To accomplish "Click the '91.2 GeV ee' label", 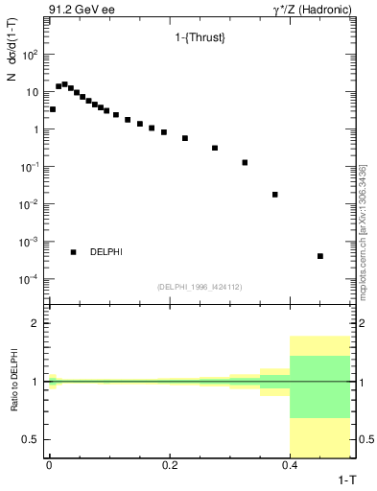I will (75, 9).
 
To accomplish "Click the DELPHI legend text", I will (106, 252).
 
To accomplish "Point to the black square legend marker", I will (73, 252).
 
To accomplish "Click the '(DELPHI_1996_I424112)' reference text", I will (199, 286).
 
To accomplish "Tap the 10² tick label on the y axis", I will (30, 55).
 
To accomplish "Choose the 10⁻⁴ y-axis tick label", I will (29, 279).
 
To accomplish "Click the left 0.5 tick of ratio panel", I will (29, 439).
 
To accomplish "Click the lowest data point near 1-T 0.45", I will (320, 256).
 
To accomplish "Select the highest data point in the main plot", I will (64, 84).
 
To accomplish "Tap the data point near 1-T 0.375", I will (275, 195).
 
